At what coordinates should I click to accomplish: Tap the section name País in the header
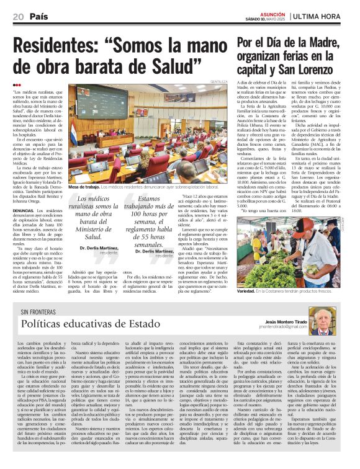point(38,16)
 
